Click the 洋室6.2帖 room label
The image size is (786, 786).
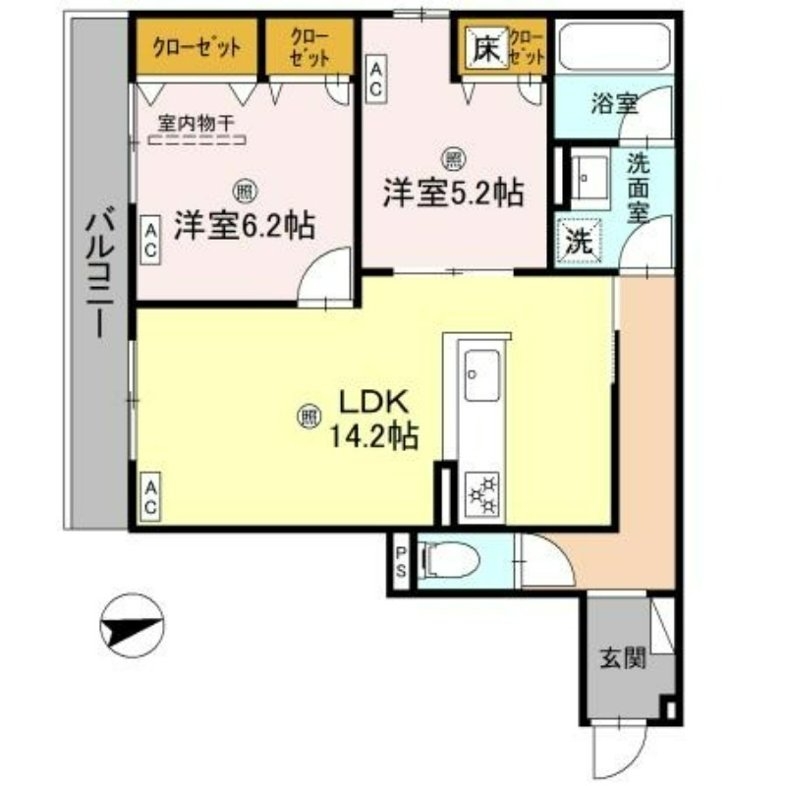(x=244, y=226)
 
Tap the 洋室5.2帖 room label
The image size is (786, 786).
(x=451, y=193)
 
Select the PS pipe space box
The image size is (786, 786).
(x=401, y=562)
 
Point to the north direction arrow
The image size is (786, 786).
(x=134, y=625)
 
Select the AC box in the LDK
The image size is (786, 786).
(x=151, y=499)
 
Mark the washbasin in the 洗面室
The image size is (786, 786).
(x=589, y=177)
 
